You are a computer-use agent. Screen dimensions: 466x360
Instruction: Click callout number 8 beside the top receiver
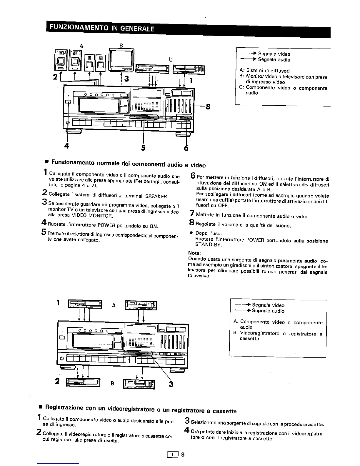click(x=208, y=106)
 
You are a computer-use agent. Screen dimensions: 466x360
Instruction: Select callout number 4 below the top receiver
click(x=67, y=146)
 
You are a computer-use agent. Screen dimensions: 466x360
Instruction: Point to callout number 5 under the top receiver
click(x=143, y=148)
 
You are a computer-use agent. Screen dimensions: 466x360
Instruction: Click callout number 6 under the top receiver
click(x=186, y=148)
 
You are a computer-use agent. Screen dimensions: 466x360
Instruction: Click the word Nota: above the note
click(x=194, y=253)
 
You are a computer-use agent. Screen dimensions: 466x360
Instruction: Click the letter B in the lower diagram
click(x=112, y=383)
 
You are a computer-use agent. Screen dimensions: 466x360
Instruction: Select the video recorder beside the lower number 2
click(x=84, y=382)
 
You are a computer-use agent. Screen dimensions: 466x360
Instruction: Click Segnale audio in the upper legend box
click(x=274, y=60)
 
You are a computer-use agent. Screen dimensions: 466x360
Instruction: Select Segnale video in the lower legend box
click(x=268, y=305)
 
